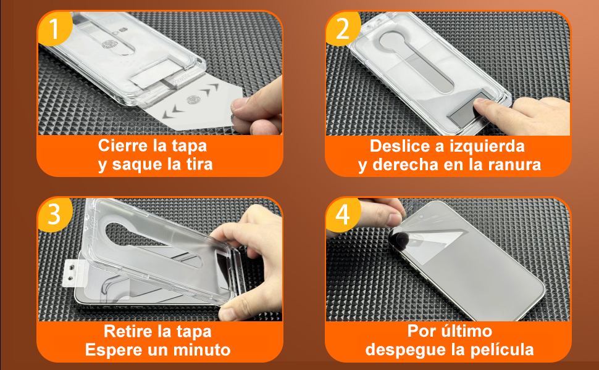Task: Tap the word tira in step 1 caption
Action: [x=196, y=165]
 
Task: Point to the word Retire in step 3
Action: [x=128, y=332]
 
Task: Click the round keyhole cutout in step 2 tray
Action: [x=396, y=44]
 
